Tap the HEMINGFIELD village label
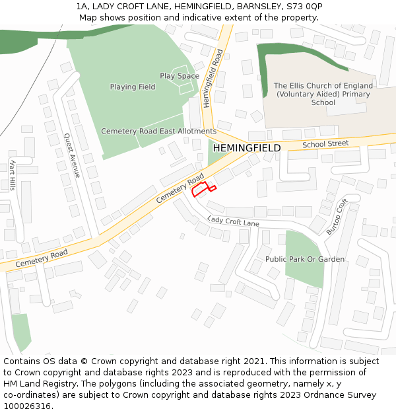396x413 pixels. [246, 148]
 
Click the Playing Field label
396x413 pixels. [133, 87]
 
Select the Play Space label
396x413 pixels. [179, 76]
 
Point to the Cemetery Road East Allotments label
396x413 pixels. [158, 131]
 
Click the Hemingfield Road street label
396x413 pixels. [214, 79]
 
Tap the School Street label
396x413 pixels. [325, 144]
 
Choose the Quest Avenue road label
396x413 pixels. [72, 155]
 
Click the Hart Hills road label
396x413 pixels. [13, 175]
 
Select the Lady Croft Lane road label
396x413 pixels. [233, 221]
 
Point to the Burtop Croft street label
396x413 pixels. [337, 216]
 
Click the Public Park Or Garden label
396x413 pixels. [305, 259]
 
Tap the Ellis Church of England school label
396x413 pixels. [323, 94]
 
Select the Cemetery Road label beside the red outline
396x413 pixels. [180, 190]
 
